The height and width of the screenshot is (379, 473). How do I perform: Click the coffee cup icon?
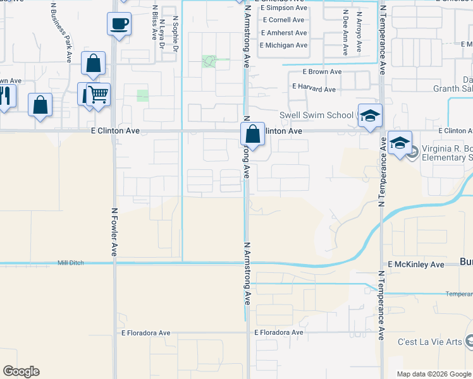pos(118,24)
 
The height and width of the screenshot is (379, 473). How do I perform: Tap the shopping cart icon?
pos(98,95)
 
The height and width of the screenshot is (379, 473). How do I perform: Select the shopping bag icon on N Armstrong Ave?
pos(252,134)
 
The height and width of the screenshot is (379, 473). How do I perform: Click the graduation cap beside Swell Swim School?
pos(370,116)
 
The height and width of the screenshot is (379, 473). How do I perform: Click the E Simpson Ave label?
pos(283,8)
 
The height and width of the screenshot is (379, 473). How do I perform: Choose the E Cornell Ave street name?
pos(284,20)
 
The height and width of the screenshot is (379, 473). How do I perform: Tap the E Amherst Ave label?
pos(283,33)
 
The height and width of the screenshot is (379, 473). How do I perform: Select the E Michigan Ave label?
pos(283,45)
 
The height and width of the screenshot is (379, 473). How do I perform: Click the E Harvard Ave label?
pos(313,89)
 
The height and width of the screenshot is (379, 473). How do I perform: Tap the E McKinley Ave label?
pos(416,264)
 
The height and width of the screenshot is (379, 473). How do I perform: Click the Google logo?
pos(21,371)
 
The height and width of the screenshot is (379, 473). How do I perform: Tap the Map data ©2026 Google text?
pos(434,374)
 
